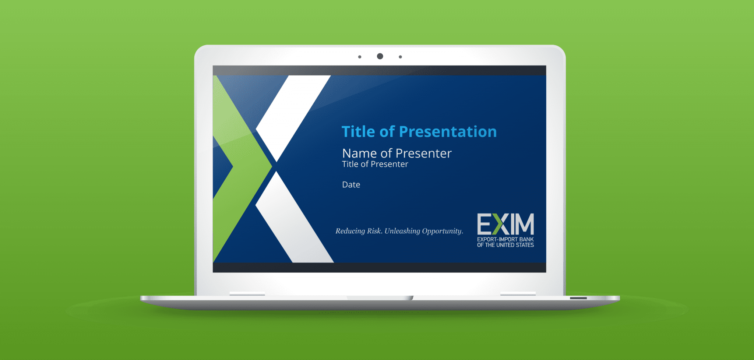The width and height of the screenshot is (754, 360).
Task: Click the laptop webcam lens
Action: [x=380, y=56]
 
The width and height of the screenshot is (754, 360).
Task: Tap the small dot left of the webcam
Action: [x=360, y=57]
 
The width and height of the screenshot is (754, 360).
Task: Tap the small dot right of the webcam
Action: [x=400, y=57]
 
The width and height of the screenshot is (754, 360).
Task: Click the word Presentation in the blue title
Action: [x=448, y=132]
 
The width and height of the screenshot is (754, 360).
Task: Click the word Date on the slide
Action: [x=351, y=184]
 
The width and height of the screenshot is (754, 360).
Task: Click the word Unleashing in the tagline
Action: [x=402, y=231]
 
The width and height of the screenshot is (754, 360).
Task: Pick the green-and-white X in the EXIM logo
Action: [x=500, y=224]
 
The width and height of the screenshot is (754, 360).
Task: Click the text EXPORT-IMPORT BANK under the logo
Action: [x=505, y=239]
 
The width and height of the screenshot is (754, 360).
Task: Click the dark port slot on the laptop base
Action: [x=578, y=298]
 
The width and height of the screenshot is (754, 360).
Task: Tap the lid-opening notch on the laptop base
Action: [x=380, y=298]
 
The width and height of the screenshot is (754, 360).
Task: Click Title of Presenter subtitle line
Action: [x=375, y=164]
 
